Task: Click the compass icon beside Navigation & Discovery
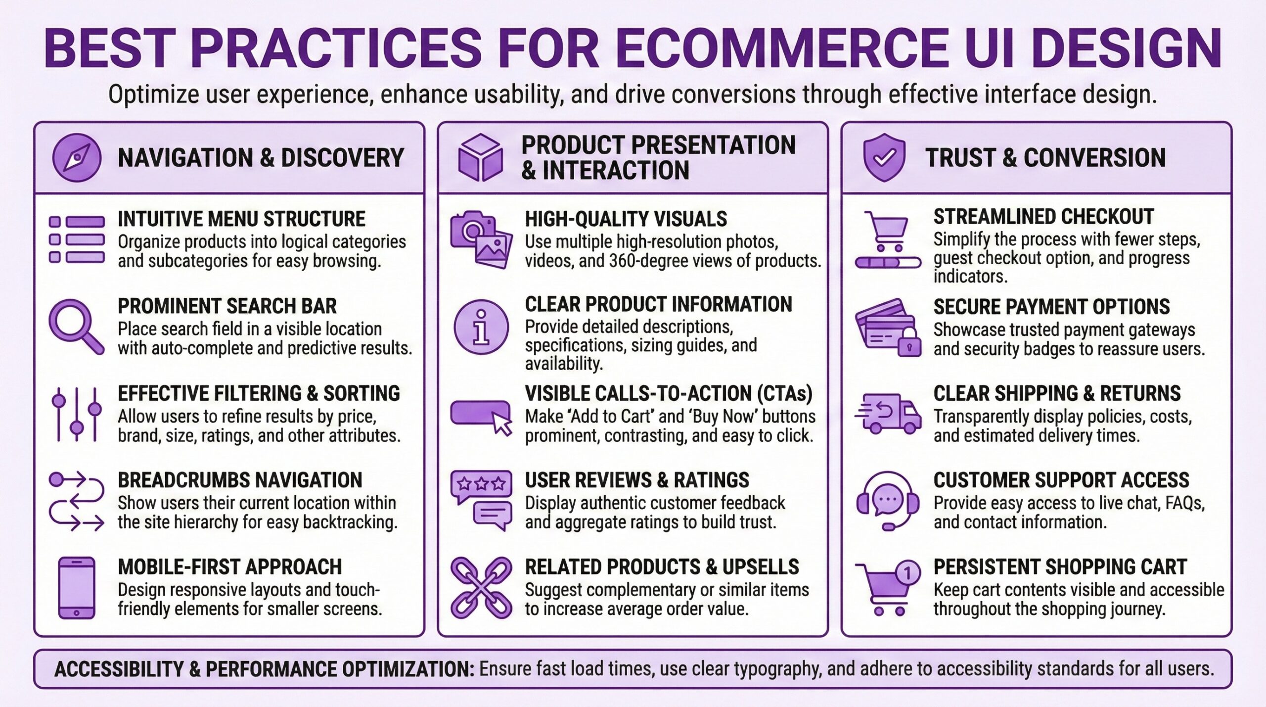77,158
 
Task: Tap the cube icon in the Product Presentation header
480,158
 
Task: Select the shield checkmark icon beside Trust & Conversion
884,157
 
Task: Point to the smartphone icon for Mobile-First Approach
76,588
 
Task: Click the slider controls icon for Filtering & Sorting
76,414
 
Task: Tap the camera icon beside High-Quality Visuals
472,229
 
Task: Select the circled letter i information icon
481,327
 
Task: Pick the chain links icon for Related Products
481,588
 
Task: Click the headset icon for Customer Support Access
887,501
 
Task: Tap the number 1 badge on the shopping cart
907,573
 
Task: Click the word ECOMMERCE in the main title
782,48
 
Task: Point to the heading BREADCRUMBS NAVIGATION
240,480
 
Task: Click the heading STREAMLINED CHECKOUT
1043,217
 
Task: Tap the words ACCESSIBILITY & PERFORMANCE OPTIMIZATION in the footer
264,669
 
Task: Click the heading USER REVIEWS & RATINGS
636,480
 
